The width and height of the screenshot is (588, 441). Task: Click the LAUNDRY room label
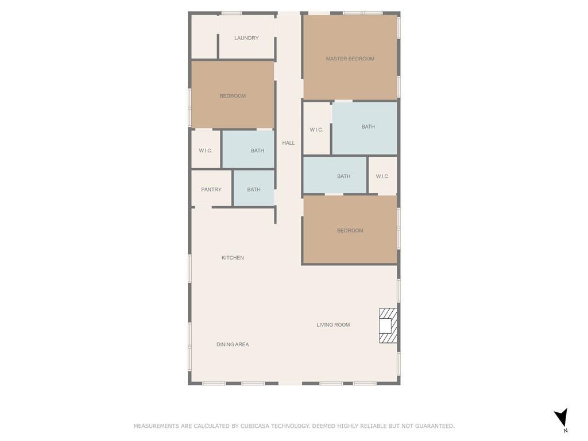point(246,38)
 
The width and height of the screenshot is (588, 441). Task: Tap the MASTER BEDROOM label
point(350,59)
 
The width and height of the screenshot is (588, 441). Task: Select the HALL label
point(288,143)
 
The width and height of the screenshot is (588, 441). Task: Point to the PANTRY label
point(211,189)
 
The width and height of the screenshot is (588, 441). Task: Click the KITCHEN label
point(233,258)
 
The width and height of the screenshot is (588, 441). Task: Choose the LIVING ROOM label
point(333,325)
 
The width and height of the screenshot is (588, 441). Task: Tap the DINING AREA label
point(233,345)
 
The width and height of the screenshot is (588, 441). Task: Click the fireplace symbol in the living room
point(388,326)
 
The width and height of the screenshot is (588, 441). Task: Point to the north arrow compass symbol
point(562,418)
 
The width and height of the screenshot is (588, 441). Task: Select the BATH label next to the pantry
point(253,189)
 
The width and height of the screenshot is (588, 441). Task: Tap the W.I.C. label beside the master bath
point(316,130)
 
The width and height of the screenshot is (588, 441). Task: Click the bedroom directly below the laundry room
point(233,95)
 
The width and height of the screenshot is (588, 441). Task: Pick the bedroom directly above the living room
point(350,230)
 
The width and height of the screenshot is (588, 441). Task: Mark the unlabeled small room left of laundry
point(204,36)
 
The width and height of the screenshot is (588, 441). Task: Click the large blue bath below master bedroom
point(365,128)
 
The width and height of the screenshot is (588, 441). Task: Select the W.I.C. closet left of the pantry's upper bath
point(206,149)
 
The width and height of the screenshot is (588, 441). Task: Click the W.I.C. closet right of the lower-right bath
point(382,176)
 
